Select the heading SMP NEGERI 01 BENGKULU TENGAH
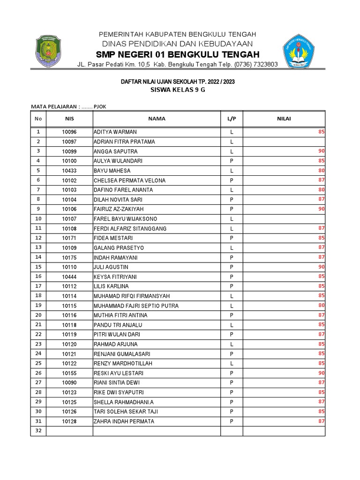click(178, 53)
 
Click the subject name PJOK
click(100, 106)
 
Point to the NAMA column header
click(157, 119)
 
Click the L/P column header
click(232, 119)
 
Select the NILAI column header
click(284, 119)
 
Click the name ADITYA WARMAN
click(115, 132)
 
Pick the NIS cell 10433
click(69, 171)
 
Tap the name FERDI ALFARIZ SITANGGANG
click(130, 229)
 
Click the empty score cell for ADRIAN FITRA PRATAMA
click(284, 142)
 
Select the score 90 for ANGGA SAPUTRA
click(321, 151)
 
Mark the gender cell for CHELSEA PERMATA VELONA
click(232, 180)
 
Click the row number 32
click(38, 431)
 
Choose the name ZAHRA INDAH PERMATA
click(124, 421)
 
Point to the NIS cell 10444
click(69, 277)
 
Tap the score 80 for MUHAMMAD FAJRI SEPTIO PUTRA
click(321, 306)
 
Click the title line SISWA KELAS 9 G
click(178, 90)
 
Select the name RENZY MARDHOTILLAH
click(123, 364)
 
